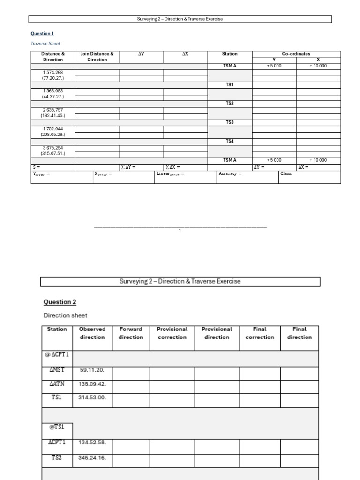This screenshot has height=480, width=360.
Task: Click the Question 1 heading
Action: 42,34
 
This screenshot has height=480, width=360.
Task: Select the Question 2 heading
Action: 60,302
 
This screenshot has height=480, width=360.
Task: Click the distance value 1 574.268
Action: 52,72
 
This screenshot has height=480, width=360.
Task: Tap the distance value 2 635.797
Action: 52,110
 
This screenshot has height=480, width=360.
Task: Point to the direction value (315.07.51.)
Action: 52,153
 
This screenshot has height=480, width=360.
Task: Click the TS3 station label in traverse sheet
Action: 230,122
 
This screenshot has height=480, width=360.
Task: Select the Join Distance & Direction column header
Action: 97,57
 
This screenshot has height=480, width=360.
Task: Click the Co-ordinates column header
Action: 296,54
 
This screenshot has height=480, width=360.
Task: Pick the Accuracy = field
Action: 230,174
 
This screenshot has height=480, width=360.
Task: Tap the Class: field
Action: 286,174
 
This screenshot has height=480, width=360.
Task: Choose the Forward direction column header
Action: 131,333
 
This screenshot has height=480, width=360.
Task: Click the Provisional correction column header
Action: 172,333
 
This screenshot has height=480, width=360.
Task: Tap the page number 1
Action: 180,231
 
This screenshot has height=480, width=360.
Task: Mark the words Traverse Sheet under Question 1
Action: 45,44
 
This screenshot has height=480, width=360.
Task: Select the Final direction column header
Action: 299,333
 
